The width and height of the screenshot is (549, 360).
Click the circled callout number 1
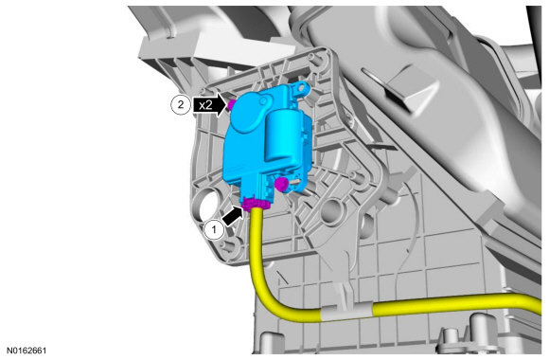click(x=214, y=230)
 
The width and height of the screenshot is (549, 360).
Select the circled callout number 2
click(x=181, y=104)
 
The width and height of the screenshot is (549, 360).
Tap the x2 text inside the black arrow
click(x=205, y=105)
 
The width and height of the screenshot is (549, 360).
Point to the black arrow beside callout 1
click(x=233, y=216)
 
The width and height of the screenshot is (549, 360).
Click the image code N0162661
click(x=27, y=351)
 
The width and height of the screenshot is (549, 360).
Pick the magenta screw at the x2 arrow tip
click(x=232, y=104)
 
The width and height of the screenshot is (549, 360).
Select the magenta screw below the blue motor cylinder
click(x=281, y=184)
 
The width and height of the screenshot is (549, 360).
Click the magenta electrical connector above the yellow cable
click(x=256, y=204)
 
